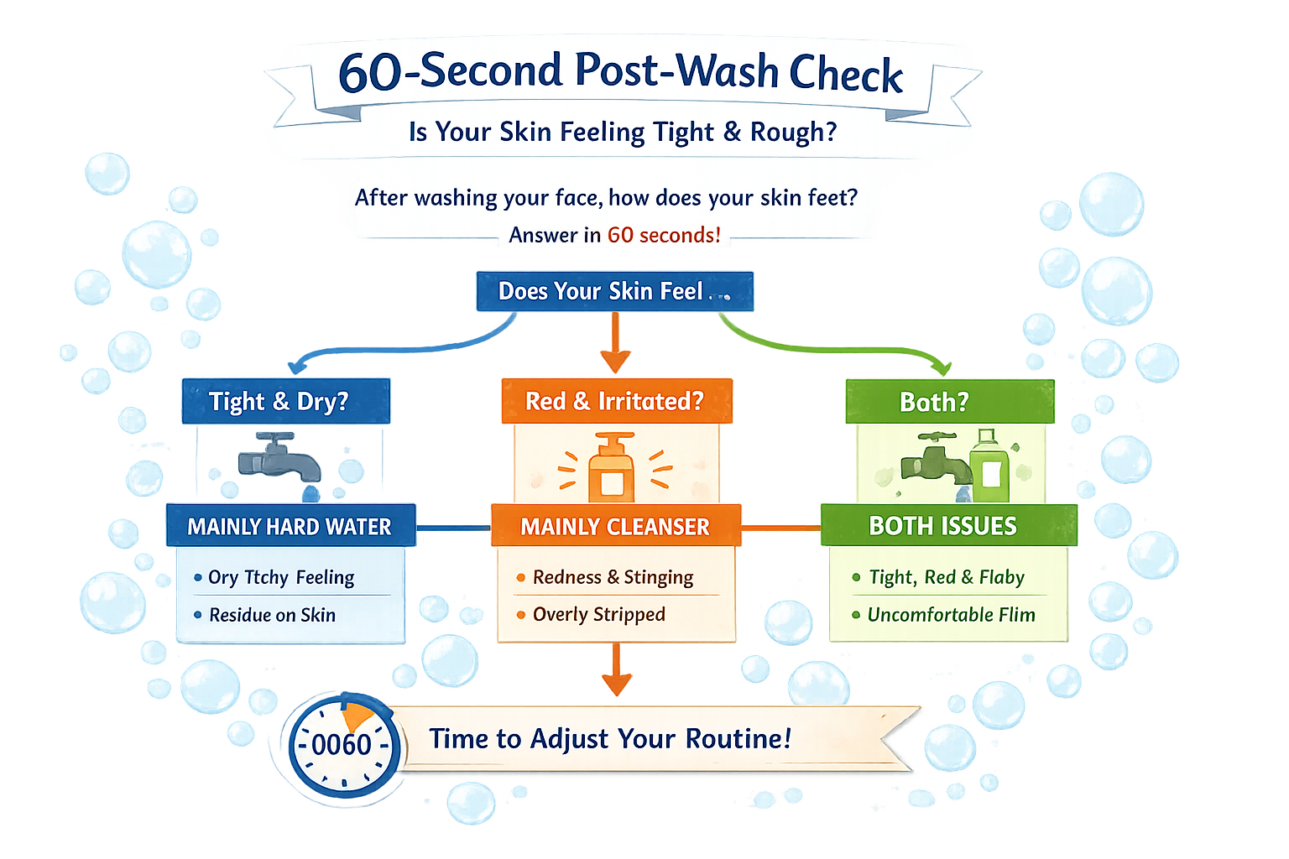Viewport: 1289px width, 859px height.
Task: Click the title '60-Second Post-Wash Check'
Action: pyautogui.click(x=620, y=72)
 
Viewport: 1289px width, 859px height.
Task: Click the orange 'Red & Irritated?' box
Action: pyautogui.click(x=616, y=401)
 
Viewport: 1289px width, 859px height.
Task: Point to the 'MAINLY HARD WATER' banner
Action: pyautogui.click(x=290, y=526)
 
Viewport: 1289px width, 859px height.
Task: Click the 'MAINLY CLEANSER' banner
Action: pyautogui.click(x=615, y=526)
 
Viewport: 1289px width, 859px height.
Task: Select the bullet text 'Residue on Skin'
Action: pyautogui.click(x=272, y=615)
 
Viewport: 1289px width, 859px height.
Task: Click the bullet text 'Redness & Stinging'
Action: pyautogui.click(x=613, y=577)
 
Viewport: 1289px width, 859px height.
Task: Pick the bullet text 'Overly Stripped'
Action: pyautogui.click(x=598, y=615)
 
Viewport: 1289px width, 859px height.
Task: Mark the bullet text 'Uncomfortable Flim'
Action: pyautogui.click(x=951, y=615)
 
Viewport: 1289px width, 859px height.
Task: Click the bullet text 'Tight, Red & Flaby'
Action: pyautogui.click(x=947, y=577)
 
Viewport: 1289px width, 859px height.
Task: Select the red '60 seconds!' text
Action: pyautogui.click(x=664, y=235)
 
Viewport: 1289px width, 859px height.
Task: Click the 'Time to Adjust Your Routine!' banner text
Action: pyautogui.click(x=610, y=739)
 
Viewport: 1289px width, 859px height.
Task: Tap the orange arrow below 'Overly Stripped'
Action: pyautogui.click(x=617, y=671)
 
